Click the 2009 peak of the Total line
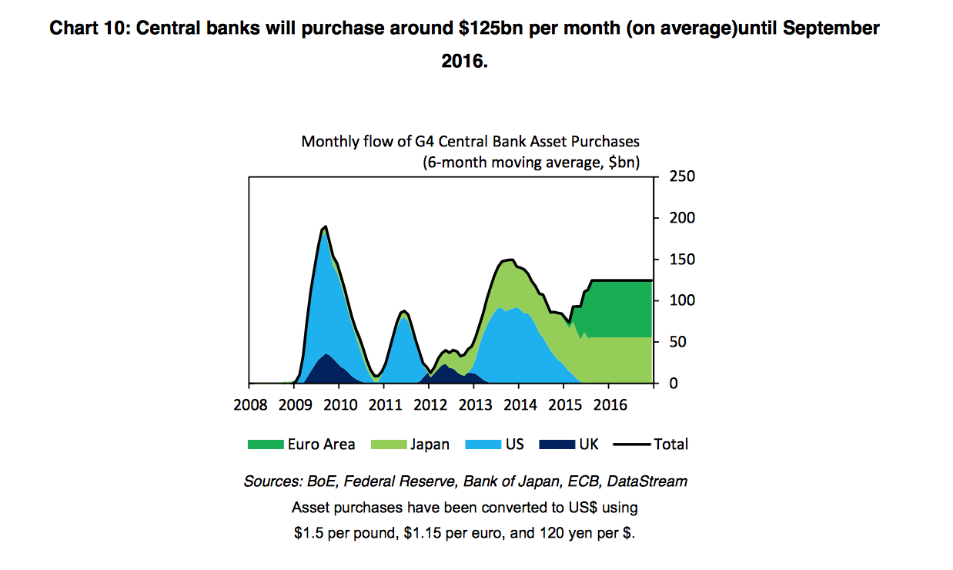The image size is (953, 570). [x=326, y=226]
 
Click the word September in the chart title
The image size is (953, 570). [x=834, y=29]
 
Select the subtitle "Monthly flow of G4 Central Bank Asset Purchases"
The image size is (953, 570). [x=470, y=142]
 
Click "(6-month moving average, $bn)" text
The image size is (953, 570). [x=531, y=163]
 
